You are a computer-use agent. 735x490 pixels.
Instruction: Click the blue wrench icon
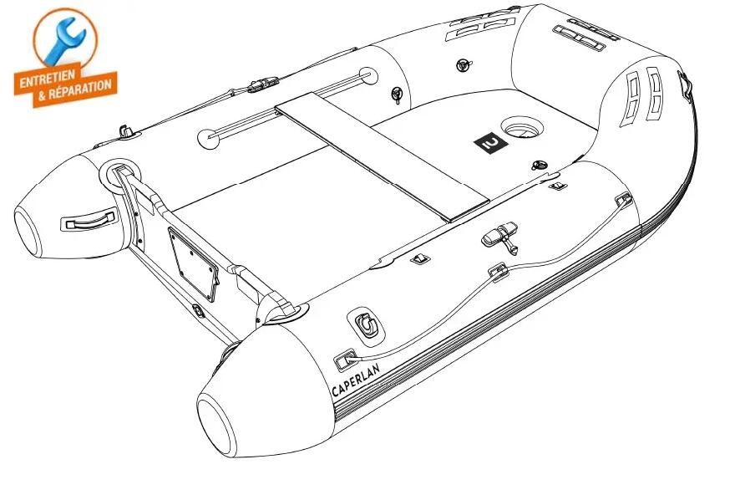click(x=64, y=41)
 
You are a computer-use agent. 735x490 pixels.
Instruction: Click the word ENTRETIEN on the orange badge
click(x=47, y=79)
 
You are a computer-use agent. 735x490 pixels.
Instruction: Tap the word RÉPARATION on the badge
click(x=80, y=89)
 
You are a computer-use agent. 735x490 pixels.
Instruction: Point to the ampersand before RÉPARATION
click(x=42, y=97)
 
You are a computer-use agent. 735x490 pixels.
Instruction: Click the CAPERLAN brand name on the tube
click(x=356, y=380)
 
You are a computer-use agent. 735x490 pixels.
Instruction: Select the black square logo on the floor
click(x=491, y=143)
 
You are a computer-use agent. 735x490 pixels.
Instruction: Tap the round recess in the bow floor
click(x=522, y=127)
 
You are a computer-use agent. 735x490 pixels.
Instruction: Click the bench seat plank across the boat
click(x=382, y=156)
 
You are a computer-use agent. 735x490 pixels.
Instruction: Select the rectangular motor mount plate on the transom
click(x=193, y=264)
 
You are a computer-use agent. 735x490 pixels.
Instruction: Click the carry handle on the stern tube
click(x=89, y=219)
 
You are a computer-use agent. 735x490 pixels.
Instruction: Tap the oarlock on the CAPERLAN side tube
click(x=500, y=236)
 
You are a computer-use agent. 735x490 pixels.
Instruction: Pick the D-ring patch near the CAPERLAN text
click(x=366, y=324)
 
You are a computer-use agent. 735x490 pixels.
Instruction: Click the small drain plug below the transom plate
click(x=198, y=311)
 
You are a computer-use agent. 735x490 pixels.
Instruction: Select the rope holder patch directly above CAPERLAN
click(x=345, y=360)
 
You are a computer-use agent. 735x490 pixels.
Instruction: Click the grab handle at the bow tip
click(x=685, y=85)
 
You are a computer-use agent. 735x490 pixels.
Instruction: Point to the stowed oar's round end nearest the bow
click(x=368, y=75)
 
